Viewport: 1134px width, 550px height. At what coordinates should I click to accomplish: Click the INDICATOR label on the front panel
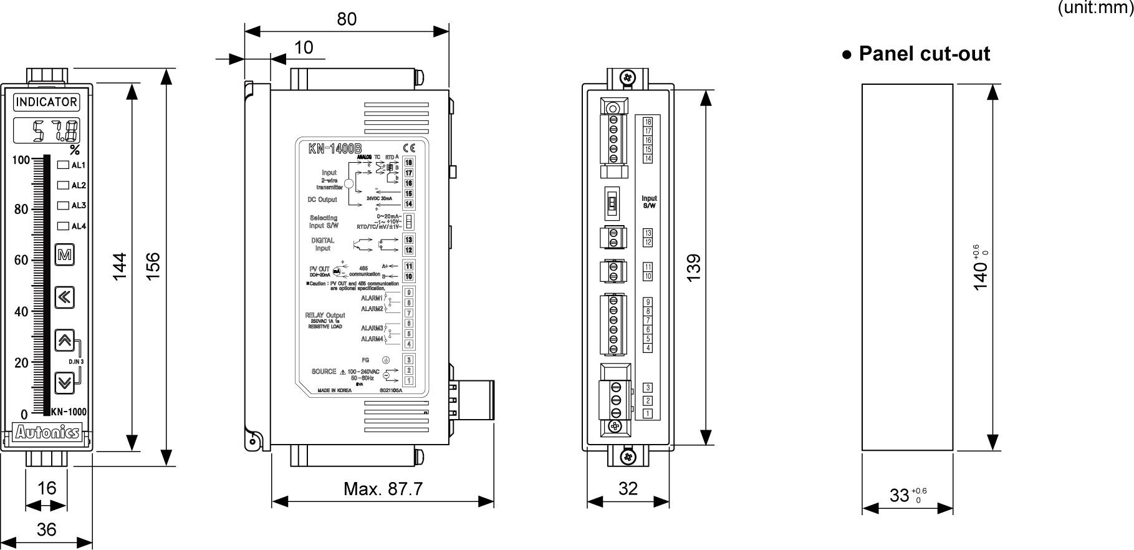click(46, 102)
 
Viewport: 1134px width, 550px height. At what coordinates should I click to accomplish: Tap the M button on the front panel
click(64, 255)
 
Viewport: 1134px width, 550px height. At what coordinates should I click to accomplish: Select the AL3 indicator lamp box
click(63, 205)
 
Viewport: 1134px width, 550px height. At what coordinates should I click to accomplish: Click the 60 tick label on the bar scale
click(21, 260)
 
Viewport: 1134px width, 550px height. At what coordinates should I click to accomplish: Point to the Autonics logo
click(47, 432)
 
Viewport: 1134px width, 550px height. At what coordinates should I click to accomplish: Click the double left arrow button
click(64, 297)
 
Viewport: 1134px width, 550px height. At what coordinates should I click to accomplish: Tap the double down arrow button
click(64, 382)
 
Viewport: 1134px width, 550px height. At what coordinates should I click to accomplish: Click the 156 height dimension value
click(153, 265)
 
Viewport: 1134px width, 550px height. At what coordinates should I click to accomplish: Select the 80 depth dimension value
click(347, 19)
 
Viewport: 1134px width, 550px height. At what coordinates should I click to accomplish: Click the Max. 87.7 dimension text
click(383, 489)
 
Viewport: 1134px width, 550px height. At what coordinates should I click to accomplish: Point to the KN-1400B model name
click(335, 149)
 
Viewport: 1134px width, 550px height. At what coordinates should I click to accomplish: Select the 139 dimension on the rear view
click(694, 266)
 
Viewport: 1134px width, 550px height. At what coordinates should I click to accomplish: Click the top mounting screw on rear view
click(628, 77)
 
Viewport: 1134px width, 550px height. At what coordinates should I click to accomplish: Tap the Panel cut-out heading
click(916, 54)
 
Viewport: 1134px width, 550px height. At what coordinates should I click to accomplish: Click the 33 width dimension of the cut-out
click(900, 495)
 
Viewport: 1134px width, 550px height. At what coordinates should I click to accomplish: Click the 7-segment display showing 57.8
click(46, 131)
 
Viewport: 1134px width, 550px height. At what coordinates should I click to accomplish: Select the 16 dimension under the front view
click(47, 488)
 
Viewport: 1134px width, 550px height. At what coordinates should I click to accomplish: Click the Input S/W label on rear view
click(649, 202)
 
